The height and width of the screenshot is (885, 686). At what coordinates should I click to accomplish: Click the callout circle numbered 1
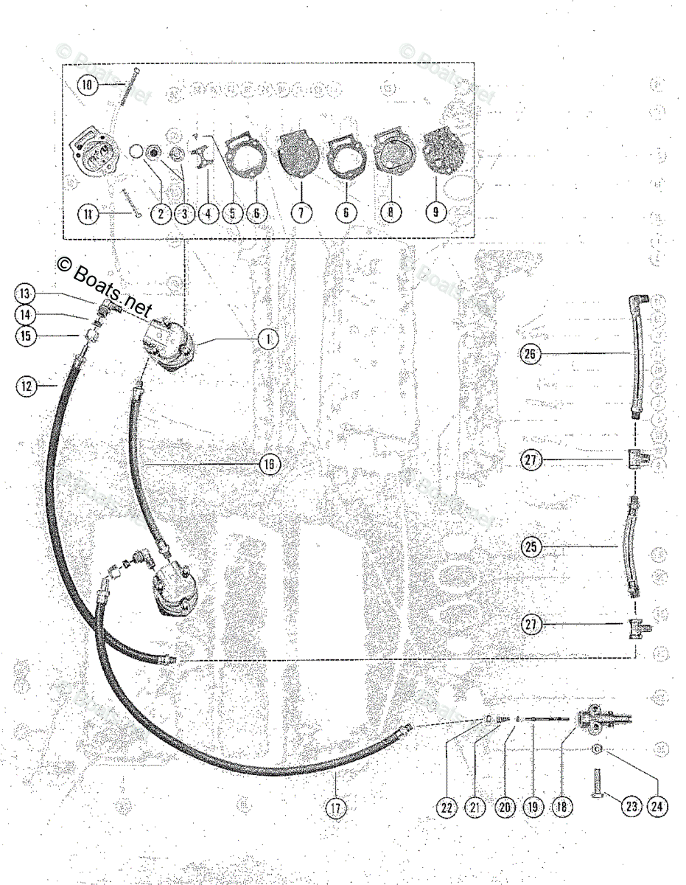tap(269, 339)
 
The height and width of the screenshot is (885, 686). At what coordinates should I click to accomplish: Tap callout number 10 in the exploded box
tap(88, 85)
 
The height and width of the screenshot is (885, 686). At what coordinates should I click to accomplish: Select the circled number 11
tap(88, 214)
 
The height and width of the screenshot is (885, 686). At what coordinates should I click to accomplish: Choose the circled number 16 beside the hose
tap(269, 463)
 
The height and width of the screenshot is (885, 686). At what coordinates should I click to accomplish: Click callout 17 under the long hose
tap(337, 807)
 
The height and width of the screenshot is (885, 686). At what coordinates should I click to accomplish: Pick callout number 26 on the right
tap(530, 355)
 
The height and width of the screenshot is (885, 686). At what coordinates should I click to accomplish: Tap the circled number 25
tap(530, 547)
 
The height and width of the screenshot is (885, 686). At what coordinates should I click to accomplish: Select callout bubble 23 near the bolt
tap(631, 807)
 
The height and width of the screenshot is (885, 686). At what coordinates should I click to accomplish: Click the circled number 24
tap(657, 807)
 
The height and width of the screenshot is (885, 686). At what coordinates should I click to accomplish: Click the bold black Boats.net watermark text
tap(102, 284)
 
